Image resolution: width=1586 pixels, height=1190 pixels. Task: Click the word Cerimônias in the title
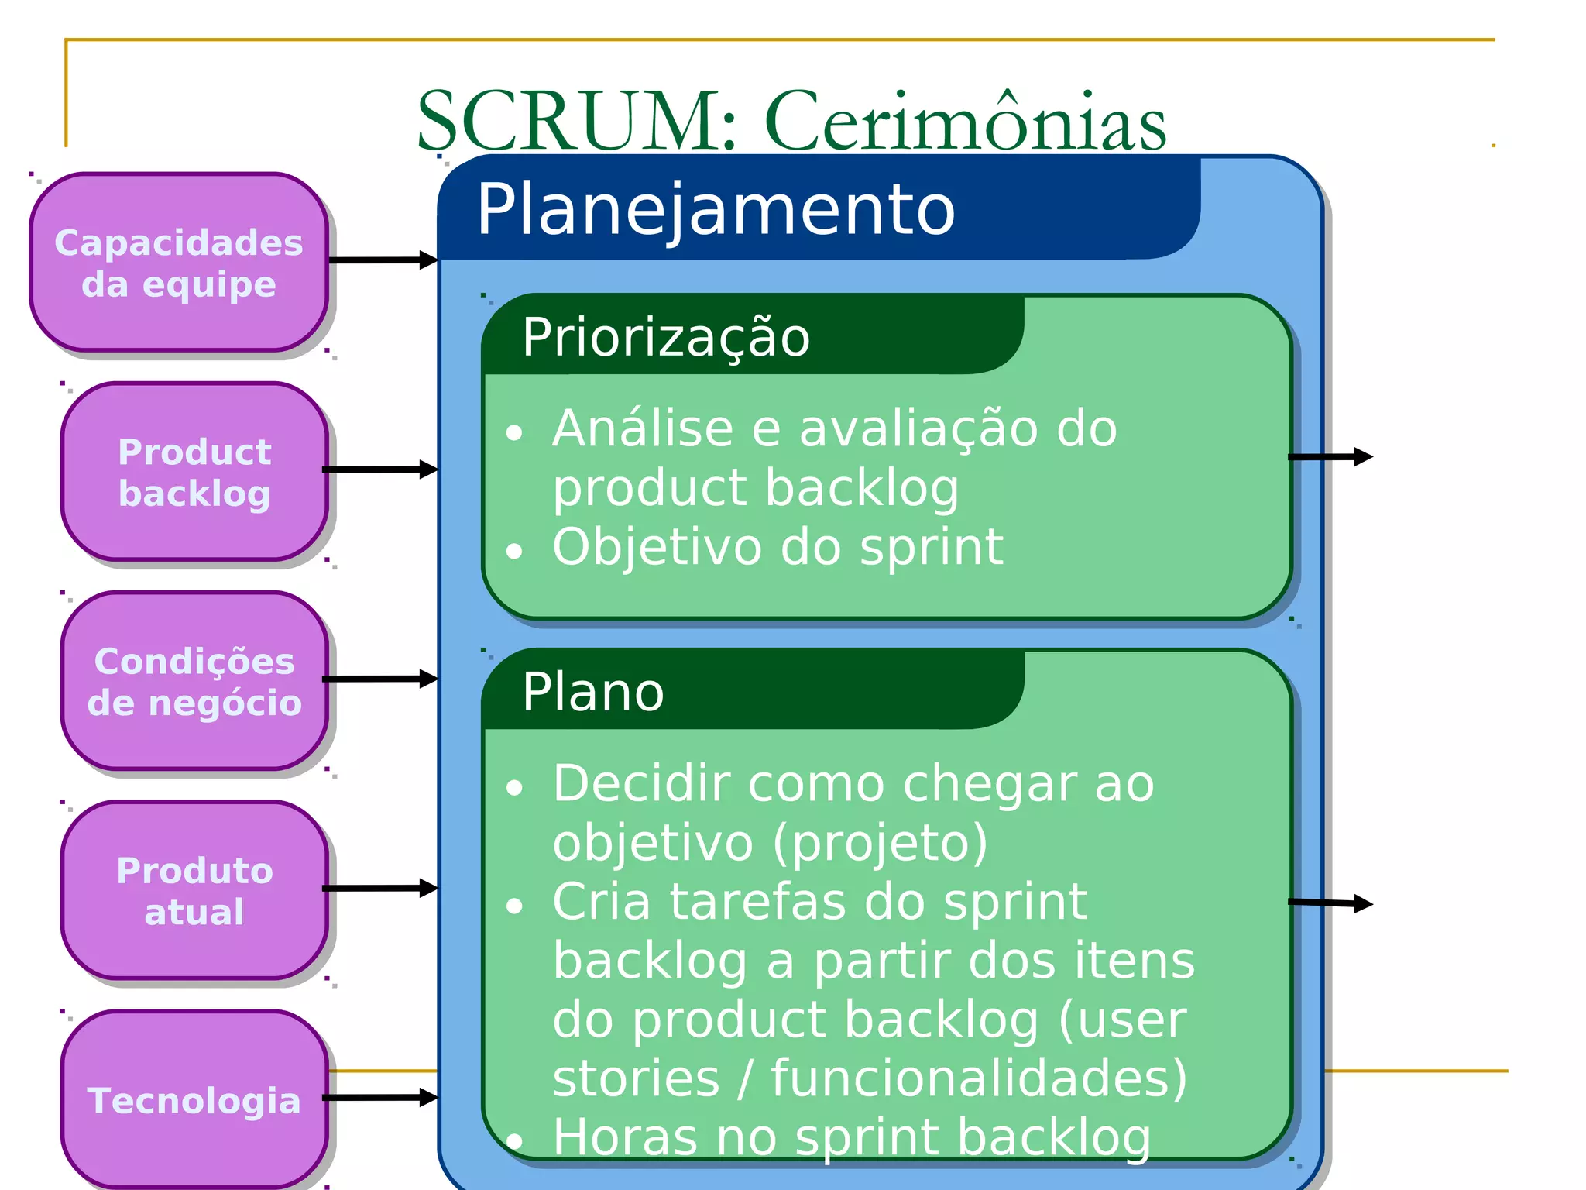pyautogui.click(x=965, y=122)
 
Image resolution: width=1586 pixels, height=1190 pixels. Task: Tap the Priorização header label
pyautogui.click(x=666, y=338)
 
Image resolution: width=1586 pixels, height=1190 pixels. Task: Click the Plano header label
pyautogui.click(x=593, y=692)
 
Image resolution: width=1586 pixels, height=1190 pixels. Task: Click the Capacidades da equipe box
pyautogui.click(x=179, y=263)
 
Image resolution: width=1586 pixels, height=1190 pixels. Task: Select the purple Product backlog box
pyautogui.click(x=194, y=472)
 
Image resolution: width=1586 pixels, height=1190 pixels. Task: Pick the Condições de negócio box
pyautogui.click(x=194, y=682)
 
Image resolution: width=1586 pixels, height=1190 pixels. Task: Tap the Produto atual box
pyautogui.click(x=194, y=891)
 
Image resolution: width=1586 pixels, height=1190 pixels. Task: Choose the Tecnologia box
pyautogui.click(x=194, y=1100)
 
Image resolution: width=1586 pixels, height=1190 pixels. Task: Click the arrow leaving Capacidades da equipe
pyautogui.click(x=383, y=260)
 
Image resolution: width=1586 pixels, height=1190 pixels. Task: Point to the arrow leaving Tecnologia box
pyautogui.click(x=380, y=1097)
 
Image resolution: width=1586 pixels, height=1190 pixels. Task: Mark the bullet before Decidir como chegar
pyautogui.click(x=514, y=789)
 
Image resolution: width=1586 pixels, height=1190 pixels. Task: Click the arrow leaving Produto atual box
pyautogui.click(x=380, y=888)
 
